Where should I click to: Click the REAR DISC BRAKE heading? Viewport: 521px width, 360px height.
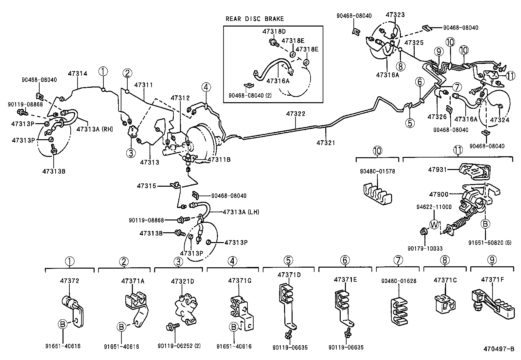click(x=255, y=19)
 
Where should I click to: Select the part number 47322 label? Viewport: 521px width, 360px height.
click(x=296, y=114)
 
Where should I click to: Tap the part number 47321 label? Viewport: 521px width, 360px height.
click(x=326, y=142)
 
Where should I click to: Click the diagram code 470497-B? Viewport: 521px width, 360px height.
click(x=499, y=349)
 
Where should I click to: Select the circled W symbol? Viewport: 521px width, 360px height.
click(x=434, y=225)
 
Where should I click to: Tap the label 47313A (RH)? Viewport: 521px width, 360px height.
click(x=95, y=129)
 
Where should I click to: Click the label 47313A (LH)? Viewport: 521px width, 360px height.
click(x=241, y=212)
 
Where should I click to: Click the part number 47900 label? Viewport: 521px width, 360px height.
click(x=438, y=194)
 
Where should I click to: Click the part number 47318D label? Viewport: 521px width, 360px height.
click(x=274, y=31)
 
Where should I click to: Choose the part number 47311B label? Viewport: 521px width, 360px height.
click(x=219, y=160)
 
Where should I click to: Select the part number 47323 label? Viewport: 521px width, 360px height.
click(x=395, y=15)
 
